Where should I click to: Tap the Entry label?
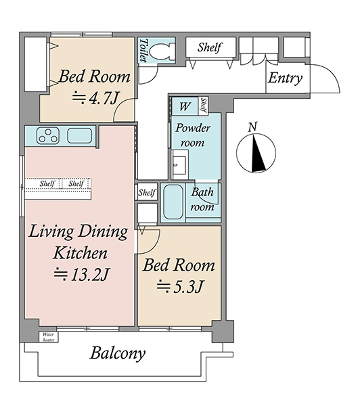click(x=285, y=78)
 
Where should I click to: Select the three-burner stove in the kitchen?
click(x=48, y=135)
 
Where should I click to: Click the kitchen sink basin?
click(x=80, y=136)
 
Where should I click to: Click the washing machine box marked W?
click(x=185, y=106)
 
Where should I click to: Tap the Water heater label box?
click(x=49, y=337)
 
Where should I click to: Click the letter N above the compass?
click(x=252, y=127)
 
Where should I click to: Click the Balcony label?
click(x=117, y=353)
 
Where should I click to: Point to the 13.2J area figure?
click(x=82, y=275)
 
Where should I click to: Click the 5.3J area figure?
click(x=179, y=287)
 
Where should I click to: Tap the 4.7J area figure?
click(x=95, y=97)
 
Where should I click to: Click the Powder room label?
click(x=193, y=135)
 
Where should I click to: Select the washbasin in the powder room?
click(x=179, y=165)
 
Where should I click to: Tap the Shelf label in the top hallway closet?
click(x=210, y=47)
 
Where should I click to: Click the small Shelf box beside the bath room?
click(x=147, y=192)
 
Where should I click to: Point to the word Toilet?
click(x=143, y=51)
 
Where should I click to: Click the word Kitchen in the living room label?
click(x=80, y=253)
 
